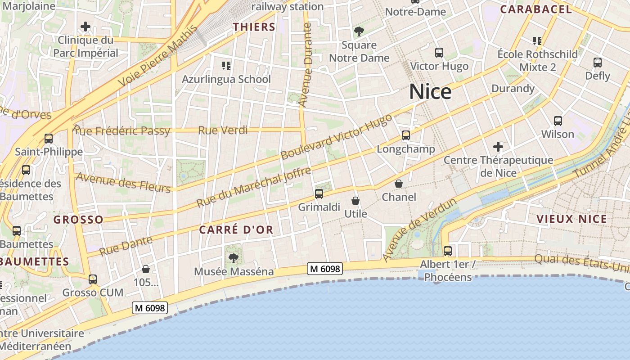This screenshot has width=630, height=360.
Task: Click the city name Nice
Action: pos(430,92)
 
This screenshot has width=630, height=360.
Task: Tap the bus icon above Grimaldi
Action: pos(319,194)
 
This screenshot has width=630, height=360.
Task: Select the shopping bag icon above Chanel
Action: pos(399,184)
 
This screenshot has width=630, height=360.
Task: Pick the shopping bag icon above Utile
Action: pos(355,200)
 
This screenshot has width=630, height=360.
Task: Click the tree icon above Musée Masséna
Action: pos(233,258)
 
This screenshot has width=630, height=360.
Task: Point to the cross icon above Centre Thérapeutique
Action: pos(498,147)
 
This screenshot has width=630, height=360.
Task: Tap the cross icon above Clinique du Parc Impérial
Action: pos(85,27)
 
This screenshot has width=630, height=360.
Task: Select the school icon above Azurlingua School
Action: pos(226,66)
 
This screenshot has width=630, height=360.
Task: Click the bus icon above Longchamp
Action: pos(406,135)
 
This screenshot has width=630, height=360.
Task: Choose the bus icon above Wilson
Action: pos(558,121)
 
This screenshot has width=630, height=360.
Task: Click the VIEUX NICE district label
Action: pos(571,219)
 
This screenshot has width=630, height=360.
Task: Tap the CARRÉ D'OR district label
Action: pos(236,229)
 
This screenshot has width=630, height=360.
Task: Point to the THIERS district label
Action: pos(254,27)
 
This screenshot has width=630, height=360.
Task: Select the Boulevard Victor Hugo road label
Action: pos(336,137)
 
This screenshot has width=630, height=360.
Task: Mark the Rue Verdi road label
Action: pos(223,130)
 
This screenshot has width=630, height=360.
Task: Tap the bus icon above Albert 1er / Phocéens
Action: pos(448,251)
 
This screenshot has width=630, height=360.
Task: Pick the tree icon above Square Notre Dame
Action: pos(359,31)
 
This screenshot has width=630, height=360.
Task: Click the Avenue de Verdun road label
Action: pos(419,229)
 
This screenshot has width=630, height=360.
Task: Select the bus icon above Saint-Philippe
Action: pos(49,138)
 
